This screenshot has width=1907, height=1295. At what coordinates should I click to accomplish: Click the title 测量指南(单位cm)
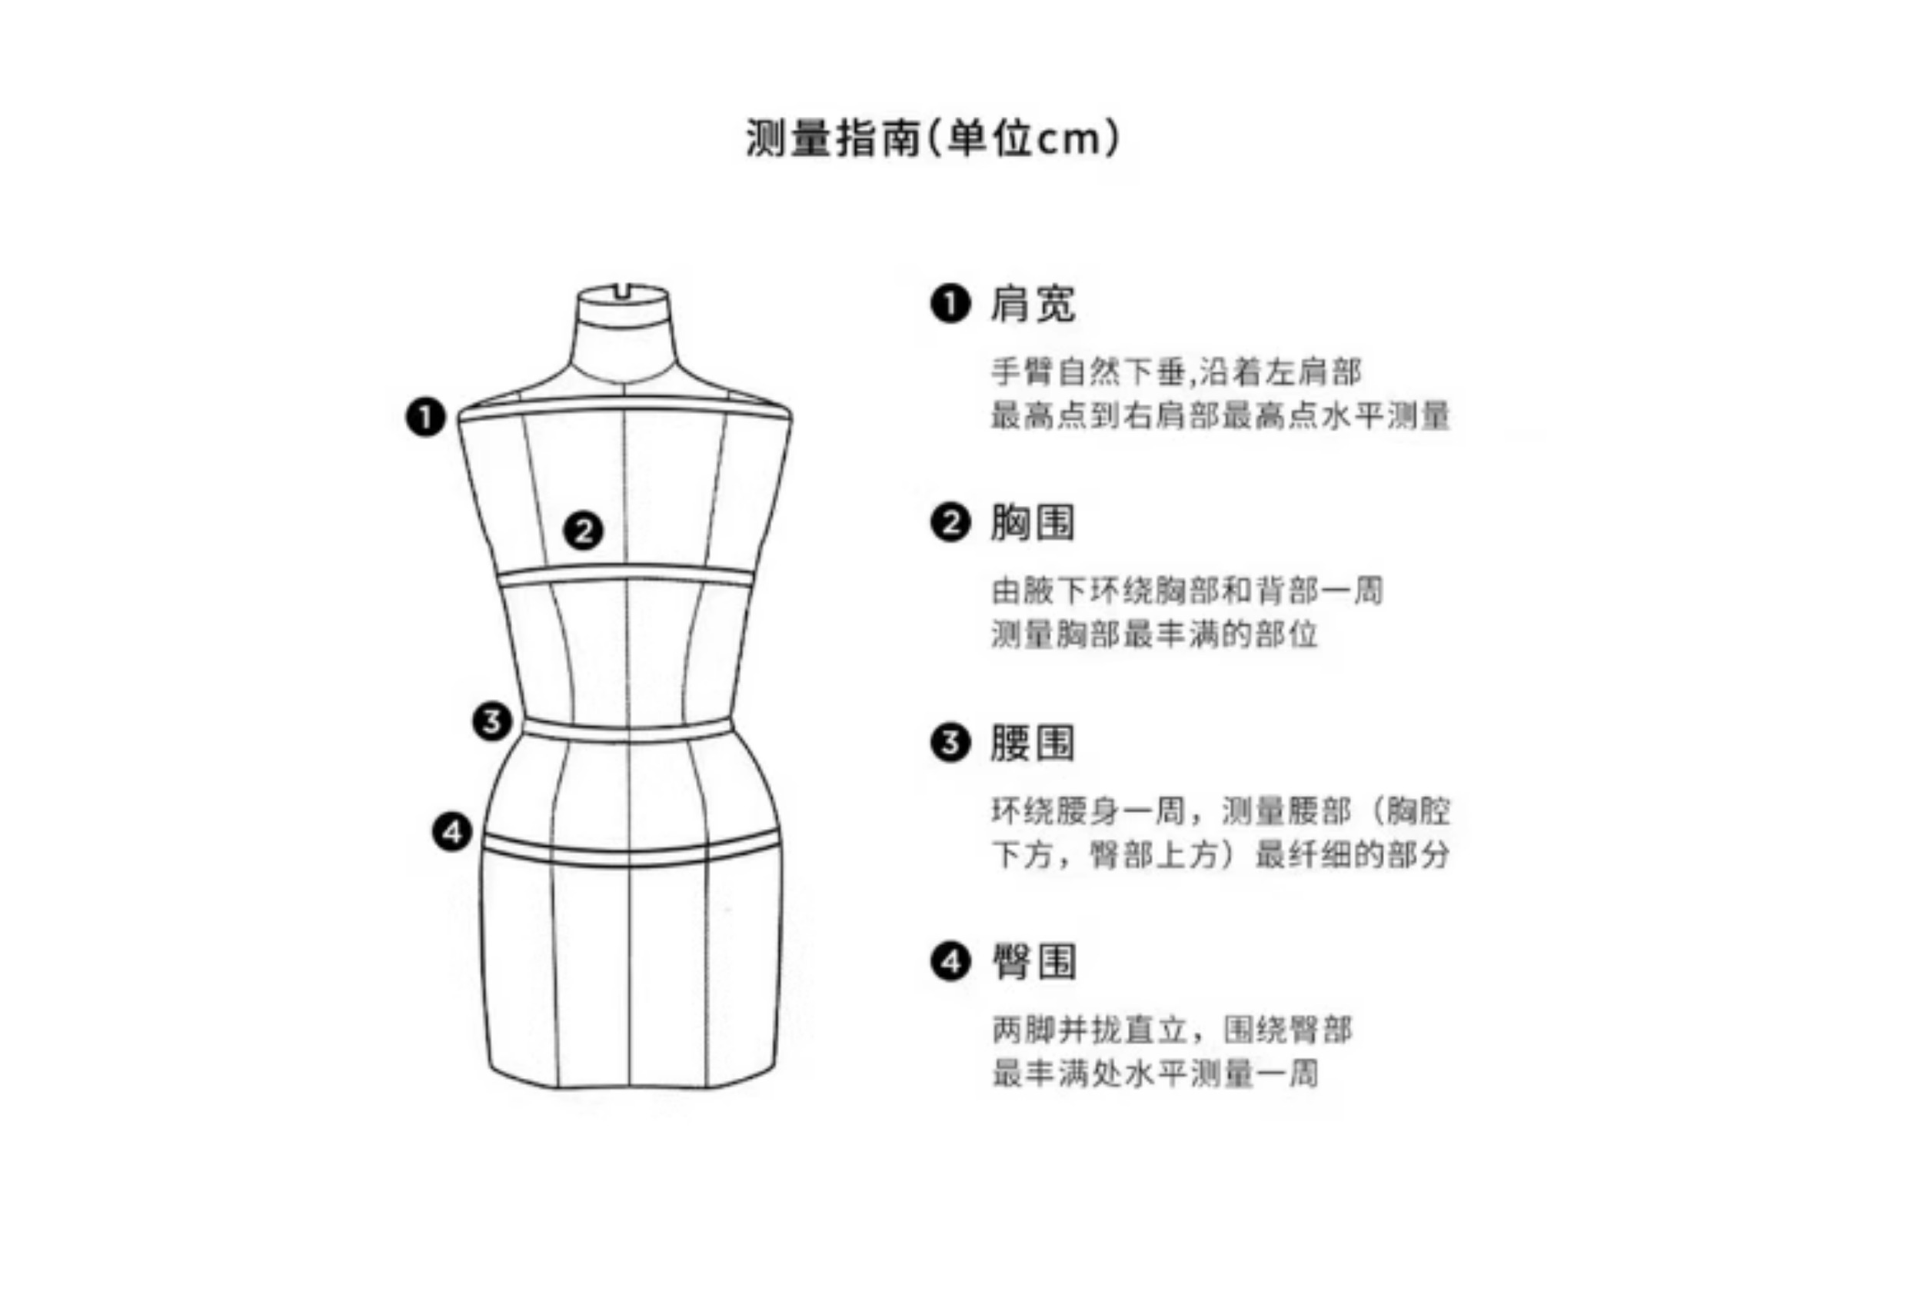point(933,138)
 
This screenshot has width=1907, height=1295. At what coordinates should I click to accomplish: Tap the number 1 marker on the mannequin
point(425,417)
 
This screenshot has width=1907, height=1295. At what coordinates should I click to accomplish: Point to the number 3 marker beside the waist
point(491,722)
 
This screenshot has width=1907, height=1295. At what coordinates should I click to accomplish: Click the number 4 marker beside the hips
point(452,832)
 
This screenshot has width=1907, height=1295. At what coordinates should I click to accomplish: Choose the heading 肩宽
point(1032,304)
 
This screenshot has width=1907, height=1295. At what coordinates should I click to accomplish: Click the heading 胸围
point(1032,523)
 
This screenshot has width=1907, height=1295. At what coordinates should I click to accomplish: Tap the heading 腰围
point(1032,743)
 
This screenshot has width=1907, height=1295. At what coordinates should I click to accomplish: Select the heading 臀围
point(1034,961)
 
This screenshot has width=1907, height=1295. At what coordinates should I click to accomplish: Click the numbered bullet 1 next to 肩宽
point(950,304)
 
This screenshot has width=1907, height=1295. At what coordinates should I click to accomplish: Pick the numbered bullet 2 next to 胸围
point(950,523)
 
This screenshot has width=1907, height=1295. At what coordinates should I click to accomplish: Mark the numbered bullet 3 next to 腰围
point(950,743)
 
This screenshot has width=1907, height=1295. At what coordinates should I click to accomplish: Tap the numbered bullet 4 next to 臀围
point(950,961)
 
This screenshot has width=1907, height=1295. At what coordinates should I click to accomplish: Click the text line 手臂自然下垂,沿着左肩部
point(1176,372)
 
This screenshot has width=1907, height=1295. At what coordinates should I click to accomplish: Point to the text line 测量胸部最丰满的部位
point(1153,634)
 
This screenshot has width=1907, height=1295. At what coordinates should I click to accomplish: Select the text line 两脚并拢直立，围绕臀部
point(1172,1030)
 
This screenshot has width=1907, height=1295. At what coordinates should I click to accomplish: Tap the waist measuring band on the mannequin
point(627,731)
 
